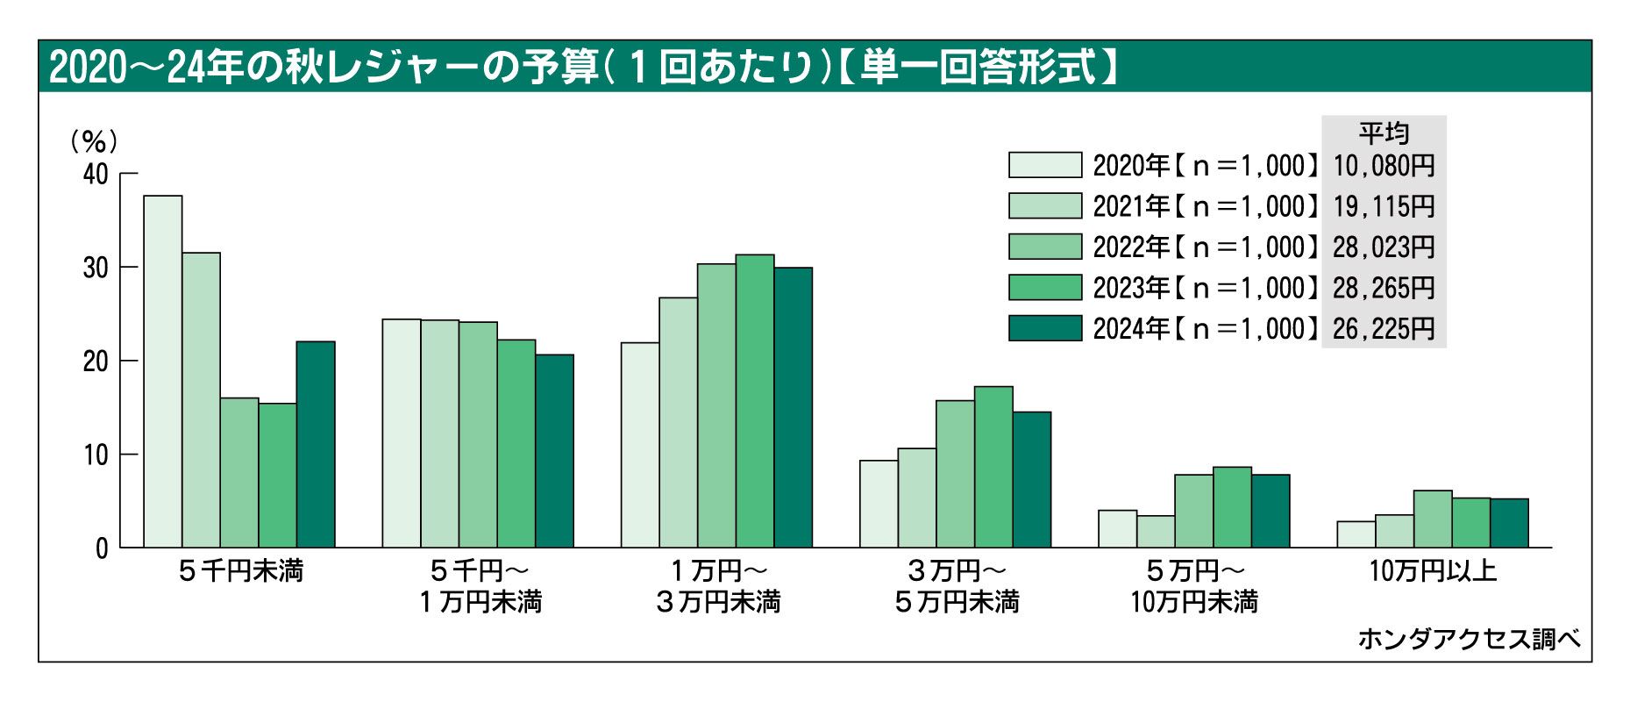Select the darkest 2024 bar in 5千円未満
click(x=316, y=444)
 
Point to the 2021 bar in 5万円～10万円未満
click(x=1156, y=532)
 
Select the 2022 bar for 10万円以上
click(x=1433, y=519)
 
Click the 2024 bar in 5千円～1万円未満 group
click(x=554, y=451)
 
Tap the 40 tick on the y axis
click(x=96, y=174)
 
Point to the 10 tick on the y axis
click(x=96, y=455)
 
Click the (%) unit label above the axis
click(x=93, y=141)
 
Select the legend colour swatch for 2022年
click(x=1044, y=247)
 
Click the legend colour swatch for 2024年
click(x=1044, y=328)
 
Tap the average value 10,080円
click(x=1384, y=165)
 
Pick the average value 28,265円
click(x=1384, y=288)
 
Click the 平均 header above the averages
click(x=1384, y=133)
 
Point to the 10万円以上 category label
click(x=1433, y=571)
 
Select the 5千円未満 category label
click(x=239, y=571)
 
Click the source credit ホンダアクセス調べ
click(x=1470, y=639)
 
